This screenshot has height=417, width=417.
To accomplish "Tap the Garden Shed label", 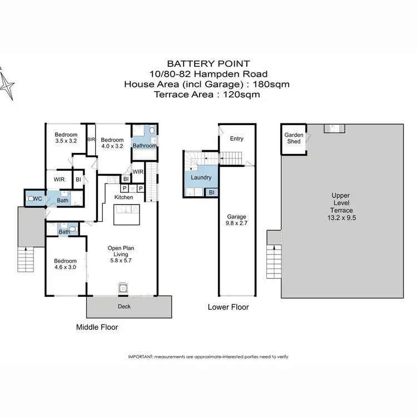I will pos(294,138).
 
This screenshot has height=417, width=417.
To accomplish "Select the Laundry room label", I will pos(201,177).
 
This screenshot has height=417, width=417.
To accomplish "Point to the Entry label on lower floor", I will pos(237,138).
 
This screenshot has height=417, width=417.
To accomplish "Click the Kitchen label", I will pos(123,197).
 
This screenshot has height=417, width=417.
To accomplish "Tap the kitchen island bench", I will pos(128,214).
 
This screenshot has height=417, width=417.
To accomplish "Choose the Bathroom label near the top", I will pos(144,146).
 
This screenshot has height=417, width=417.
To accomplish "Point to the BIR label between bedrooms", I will pos(91,139).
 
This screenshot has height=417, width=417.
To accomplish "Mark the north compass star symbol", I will pos(7,86).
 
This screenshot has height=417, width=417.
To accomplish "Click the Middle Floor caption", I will pos(97,327).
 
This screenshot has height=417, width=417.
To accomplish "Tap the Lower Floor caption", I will pos(228,307).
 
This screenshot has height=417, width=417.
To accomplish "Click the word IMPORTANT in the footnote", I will pos(141,356).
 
